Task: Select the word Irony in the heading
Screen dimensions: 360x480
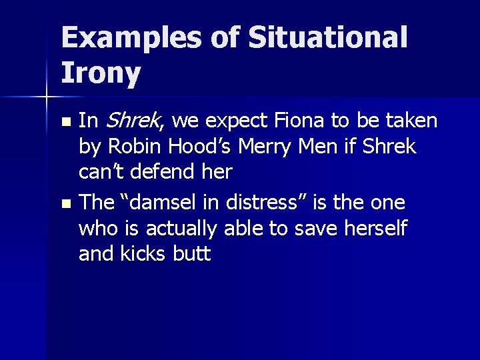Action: coord(101,74)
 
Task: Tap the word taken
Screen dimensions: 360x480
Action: coord(411,121)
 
